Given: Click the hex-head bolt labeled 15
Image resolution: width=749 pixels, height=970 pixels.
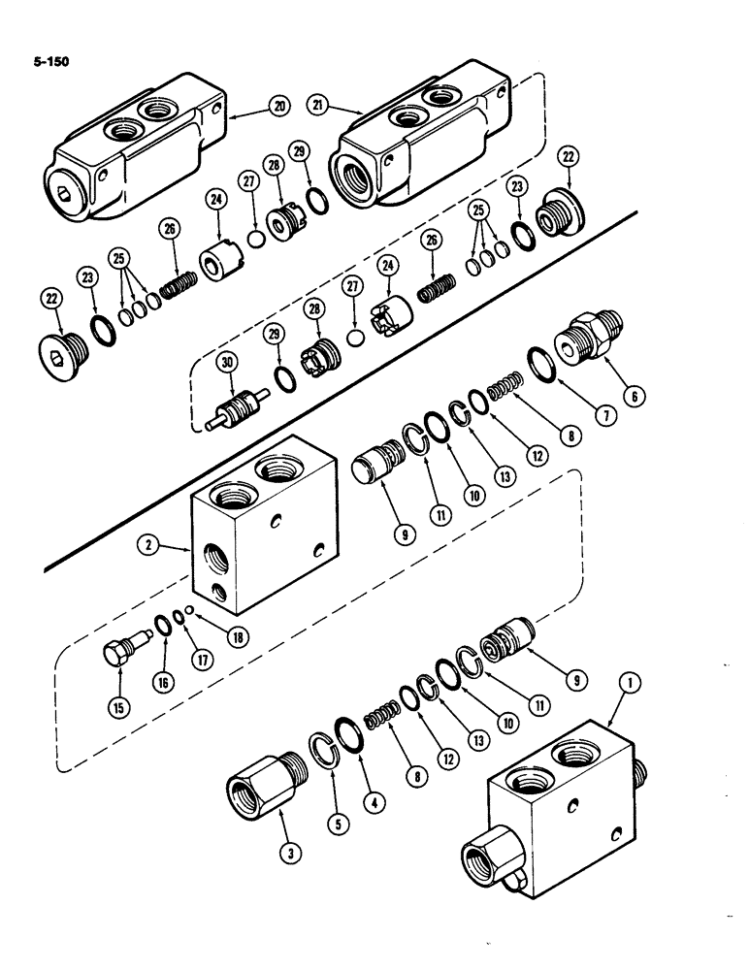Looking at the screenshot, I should pyautogui.click(x=118, y=648).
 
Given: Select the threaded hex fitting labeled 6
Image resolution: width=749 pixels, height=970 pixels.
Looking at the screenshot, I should pyautogui.click(x=589, y=338).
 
